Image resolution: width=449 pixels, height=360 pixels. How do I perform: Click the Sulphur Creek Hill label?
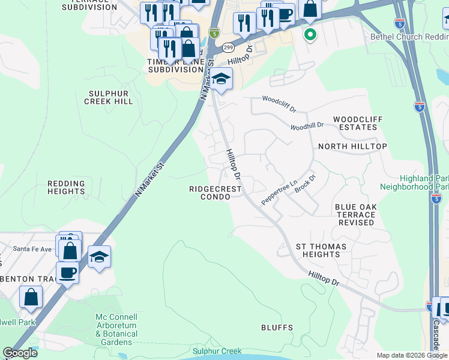(110, 98)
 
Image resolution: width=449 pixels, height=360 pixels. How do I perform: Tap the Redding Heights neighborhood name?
(66, 188)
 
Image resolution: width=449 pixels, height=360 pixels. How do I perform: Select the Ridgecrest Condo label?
(215, 193)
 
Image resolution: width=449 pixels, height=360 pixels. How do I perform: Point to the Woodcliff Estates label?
(358, 124)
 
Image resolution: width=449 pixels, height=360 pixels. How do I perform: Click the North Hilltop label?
(352, 146)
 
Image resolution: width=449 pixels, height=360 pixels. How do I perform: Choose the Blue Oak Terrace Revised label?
(356, 214)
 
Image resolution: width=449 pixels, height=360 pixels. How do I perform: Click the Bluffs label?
(277, 328)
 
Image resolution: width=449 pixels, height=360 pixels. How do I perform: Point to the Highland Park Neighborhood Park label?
(424, 183)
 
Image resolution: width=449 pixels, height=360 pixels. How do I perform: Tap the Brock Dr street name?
(305, 184)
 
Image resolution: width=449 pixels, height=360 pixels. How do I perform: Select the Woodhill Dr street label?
(307, 127)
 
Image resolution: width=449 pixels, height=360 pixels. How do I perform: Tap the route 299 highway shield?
(228, 47)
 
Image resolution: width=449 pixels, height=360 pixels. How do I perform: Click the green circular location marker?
(310, 34)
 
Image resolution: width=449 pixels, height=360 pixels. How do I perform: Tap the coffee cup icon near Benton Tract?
(67, 272)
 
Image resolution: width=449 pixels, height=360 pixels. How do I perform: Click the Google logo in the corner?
(20, 353)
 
